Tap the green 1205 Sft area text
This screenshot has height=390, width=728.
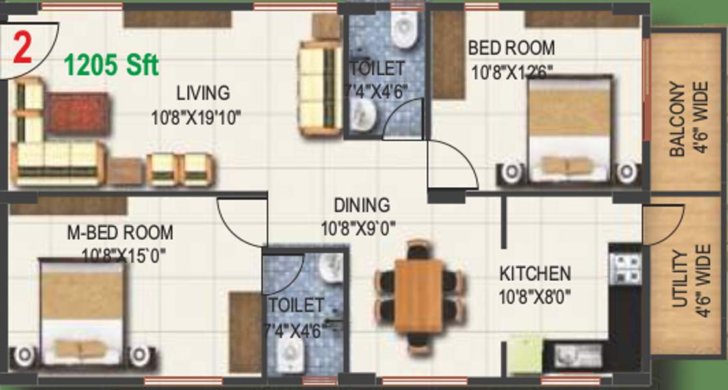click(x=111, y=66)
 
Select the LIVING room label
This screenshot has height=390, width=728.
click(x=203, y=93)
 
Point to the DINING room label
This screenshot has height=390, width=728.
click(x=362, y=205)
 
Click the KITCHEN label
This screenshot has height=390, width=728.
click(x=535, y=273)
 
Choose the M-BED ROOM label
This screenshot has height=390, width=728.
click(x=120, y=232)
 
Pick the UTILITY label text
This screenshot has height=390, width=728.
click(x=679, y=279)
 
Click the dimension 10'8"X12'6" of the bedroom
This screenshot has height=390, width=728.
click(x=512, y=72)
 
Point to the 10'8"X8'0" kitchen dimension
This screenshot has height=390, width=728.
click(x=535, y=297)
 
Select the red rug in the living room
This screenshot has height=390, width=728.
click(x=77, y=113)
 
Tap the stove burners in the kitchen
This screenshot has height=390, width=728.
click(x=625, y=269)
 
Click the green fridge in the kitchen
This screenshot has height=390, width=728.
click(x=525, y=356)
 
